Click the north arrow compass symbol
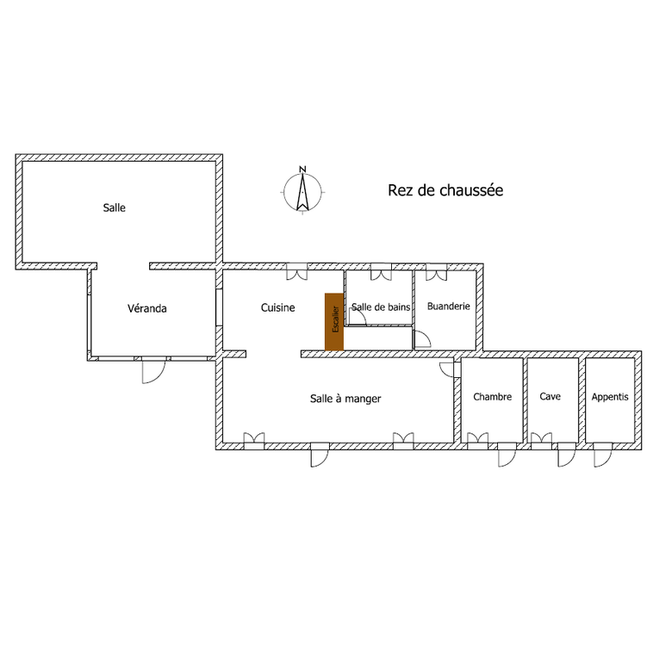coord(303,192)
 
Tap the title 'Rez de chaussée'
coord(445,190)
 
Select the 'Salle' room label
coord(114,208)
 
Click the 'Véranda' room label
coord(146,308)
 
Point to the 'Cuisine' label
coord(277,307)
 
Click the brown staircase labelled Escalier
coord(334,322)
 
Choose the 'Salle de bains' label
coord(382,307)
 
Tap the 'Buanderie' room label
coord(448,306)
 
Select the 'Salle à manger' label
coord(345,399)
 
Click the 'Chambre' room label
coord(493,397)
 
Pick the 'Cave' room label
coord(550,397)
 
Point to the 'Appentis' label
coord(610,397)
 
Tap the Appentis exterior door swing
coord(601,455)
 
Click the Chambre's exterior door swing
coord(506,455)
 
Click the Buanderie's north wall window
coord(436,273)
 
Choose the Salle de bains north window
coord(379,273)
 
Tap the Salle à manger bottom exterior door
coord(319,455)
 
